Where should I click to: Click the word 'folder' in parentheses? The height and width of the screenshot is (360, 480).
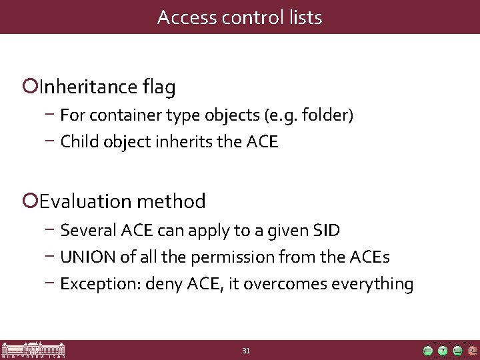(325, 116)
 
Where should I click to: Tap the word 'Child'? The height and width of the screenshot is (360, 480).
(77, 141)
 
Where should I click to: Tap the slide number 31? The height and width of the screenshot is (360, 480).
(246, 351)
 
